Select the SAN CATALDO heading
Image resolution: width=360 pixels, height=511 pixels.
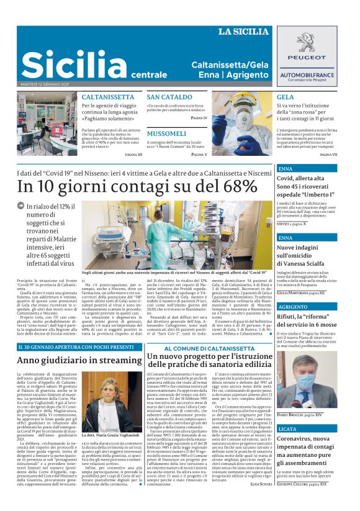point(169,97)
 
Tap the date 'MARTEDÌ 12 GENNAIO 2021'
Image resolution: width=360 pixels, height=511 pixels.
point(45,84)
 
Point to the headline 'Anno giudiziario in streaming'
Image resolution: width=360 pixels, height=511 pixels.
point(79,360)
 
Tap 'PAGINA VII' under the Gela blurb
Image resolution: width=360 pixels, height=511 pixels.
point(328,154)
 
